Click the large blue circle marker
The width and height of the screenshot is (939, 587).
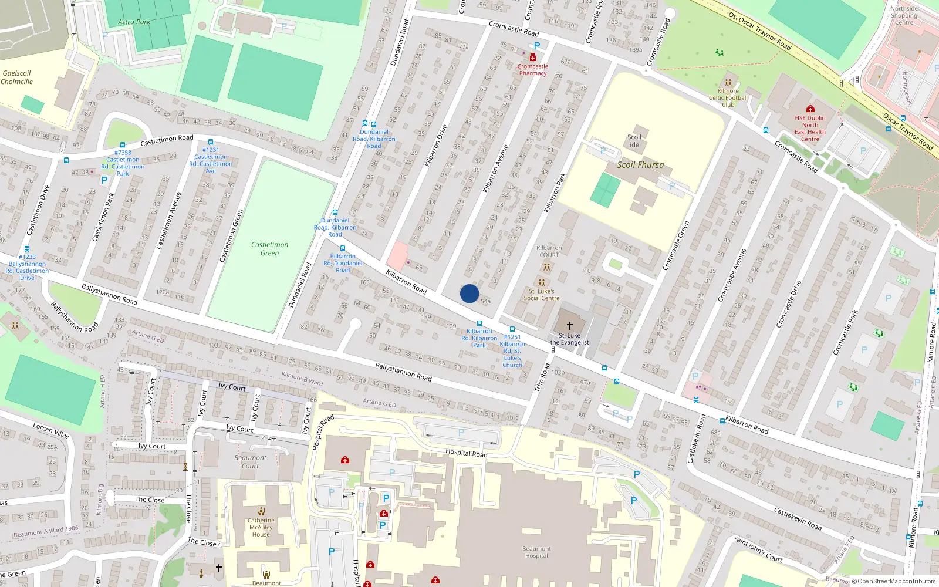[x=469, y=293]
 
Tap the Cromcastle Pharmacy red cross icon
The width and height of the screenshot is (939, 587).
[x=533, y=58]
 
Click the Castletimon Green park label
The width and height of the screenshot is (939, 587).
[x=270, y=249]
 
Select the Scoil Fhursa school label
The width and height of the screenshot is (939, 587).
[x=640, y=165]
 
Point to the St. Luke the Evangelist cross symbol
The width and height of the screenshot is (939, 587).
[x=569, y=326]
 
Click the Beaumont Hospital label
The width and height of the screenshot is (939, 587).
[x=536, y=552]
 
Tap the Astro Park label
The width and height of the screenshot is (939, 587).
[x=134, y=22]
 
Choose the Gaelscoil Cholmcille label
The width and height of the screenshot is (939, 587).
[x=16, y=77]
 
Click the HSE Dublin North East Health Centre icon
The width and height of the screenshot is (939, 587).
[x=810, y=109]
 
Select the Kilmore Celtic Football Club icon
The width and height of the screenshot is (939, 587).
[x=728, y=83]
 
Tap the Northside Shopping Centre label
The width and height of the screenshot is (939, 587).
[x=904, y=15]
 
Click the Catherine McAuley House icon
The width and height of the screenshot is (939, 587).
[x=261, y=511]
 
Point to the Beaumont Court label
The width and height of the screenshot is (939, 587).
[x=250, y=462]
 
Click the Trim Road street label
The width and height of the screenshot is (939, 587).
[x=542, y=377]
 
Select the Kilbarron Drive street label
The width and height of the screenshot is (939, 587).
[x=436, y=145]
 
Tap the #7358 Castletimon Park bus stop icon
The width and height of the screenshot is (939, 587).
[x=123, y=145]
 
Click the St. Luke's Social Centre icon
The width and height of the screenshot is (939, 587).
[x=542, y=283]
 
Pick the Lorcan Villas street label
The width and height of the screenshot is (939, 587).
[x=51, y=430]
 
